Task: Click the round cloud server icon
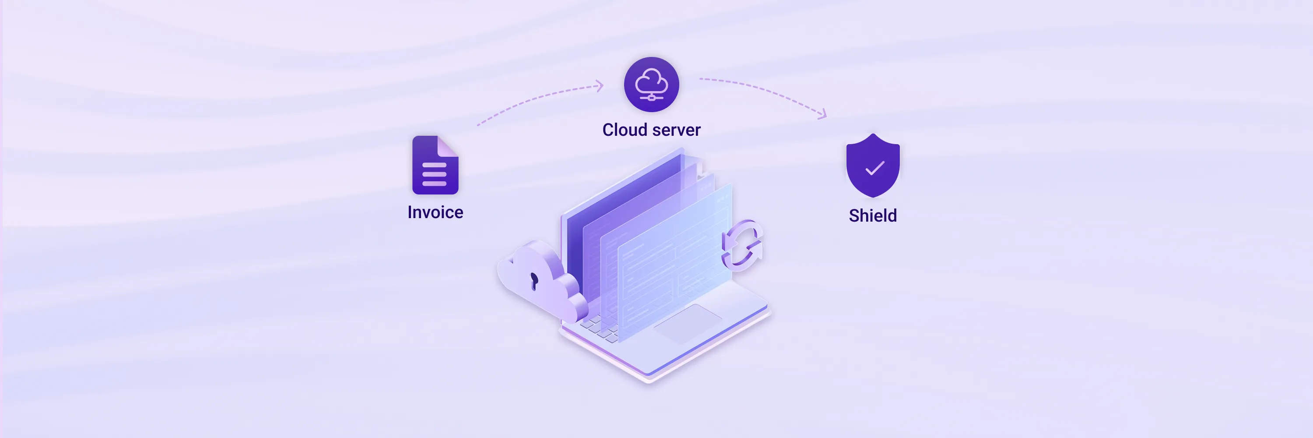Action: pyautogui.click(x=651, y=84)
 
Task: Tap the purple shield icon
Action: pyautogui.click(x=873, y=166)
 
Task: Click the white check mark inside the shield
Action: pyautogui.click(x=874, y=168)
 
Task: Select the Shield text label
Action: pyautogui.click(x=873, y=215)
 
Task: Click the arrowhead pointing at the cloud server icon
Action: pyautogui.click(x=600, y=86)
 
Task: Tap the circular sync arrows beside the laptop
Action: pyautogui.click(x=741, y=245)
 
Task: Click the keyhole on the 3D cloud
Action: pyautogui.click(x=534, y=280)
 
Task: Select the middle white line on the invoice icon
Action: pyautogui.click(x=434, y=174)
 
